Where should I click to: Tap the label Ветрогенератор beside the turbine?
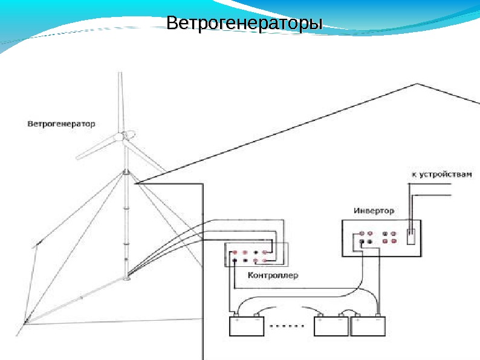click(x=62, y=124)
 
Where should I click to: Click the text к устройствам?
click(x=441, y=174)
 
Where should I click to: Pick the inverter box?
click(x=381, y=239)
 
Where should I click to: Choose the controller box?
click(x=256, y=255)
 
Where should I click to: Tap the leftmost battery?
click(x=246, y=327)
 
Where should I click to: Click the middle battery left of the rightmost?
click(x=331, y=327)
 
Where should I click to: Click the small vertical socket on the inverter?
click(x=410, y=237)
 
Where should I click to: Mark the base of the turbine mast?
click(x=126, y=279)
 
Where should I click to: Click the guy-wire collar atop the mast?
click(x=126, y=173)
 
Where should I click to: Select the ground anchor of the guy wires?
click(x=24, y=323)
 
